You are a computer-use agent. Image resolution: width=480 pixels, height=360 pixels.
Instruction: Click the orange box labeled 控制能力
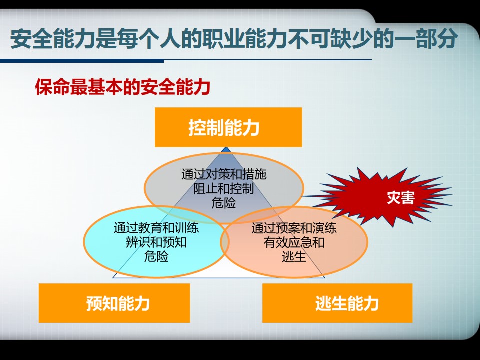click(228, 127)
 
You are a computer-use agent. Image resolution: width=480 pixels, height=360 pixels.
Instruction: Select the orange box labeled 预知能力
click(114, 303)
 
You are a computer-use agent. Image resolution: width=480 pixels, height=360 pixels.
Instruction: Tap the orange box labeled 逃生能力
click(337, 303)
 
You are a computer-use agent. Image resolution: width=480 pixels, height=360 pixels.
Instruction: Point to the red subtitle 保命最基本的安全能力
click(123, 87)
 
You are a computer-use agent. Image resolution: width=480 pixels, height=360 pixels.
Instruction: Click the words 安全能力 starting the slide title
click(52, 39)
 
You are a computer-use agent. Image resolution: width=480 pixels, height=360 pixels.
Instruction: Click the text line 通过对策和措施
click(224, 174)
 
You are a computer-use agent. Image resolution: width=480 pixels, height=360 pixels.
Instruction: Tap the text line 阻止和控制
click(224, 188)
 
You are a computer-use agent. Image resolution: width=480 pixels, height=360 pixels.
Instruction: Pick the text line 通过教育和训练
click(156, 228)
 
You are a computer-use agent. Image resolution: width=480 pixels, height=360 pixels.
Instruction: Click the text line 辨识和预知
click(156, 242)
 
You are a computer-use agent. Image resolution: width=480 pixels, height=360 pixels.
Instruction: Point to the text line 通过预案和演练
click(294, 228)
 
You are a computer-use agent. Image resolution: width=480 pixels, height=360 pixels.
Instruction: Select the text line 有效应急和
click(294, 242)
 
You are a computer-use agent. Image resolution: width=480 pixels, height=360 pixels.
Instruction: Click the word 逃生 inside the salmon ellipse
click(294, 256)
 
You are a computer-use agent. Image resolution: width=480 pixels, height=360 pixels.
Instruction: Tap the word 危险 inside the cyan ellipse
click(156, 256)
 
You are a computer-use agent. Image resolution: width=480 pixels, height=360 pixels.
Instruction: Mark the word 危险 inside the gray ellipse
click(224, 202)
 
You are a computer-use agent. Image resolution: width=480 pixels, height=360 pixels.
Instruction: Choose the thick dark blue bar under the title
click(82, 61)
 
